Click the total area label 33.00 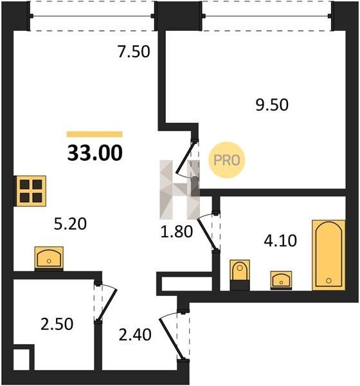point(94,153)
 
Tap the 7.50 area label point(134,52)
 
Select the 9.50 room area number point(272,105)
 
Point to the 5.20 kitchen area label point(70,224)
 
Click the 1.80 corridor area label point(176,232)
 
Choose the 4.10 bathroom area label point(280,241)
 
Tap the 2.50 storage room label point(57,324)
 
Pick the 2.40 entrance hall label point(135,335)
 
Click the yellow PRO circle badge point(227,160)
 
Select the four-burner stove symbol point(31,191)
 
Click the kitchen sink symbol point(49,258)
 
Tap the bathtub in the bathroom point(328,255)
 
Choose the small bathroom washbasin point(281,280)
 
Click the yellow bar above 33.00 point(94,134)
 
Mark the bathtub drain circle point(328,280)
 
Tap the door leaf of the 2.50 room point(107,305)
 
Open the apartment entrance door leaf point(171,339)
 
